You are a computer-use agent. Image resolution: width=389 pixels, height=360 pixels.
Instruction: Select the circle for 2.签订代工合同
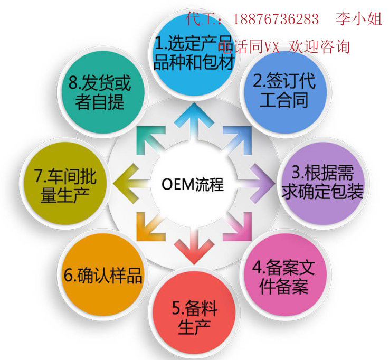[x=283, y=90]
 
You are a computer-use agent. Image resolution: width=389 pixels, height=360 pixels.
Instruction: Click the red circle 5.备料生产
[x=194, y=317]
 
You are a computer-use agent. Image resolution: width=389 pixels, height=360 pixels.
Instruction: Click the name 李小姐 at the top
[x=358, y=20]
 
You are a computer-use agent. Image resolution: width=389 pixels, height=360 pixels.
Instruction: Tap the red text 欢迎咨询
[x=319, y=46]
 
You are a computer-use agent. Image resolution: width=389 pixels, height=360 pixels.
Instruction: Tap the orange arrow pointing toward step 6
[x=150, y=224]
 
